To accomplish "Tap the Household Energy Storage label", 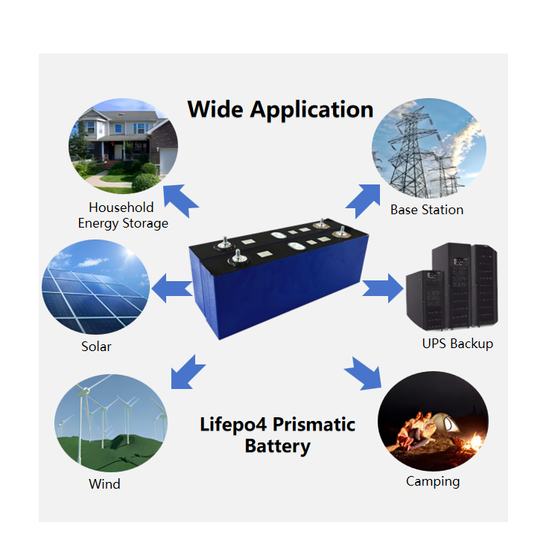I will point(122,215).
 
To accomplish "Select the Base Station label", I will point(427,210).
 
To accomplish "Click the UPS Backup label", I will point(457,344).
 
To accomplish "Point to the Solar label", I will point(96,347).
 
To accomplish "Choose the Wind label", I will point(104,484).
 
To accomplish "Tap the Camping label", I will point(433,481).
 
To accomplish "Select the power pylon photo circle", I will point(428,146).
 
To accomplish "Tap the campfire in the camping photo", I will point(472,445).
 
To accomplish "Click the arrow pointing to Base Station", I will point(364,199).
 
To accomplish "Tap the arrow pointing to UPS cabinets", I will point(382,287).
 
